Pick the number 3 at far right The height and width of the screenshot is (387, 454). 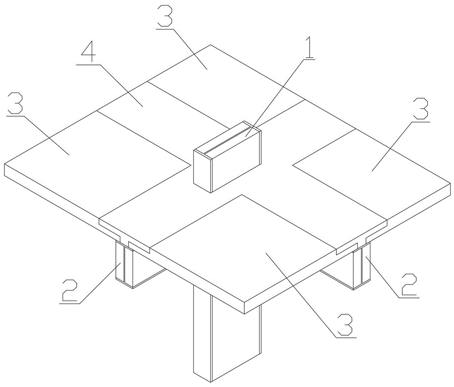tap(421, 109)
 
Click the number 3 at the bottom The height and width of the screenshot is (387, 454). tap(345, 324)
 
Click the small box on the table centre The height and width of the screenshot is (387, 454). tap(227, 157)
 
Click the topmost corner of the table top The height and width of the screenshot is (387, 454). tap(211, 45)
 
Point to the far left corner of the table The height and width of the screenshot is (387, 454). tap(5, 164)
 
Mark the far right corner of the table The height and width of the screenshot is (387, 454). tap(450, 183)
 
